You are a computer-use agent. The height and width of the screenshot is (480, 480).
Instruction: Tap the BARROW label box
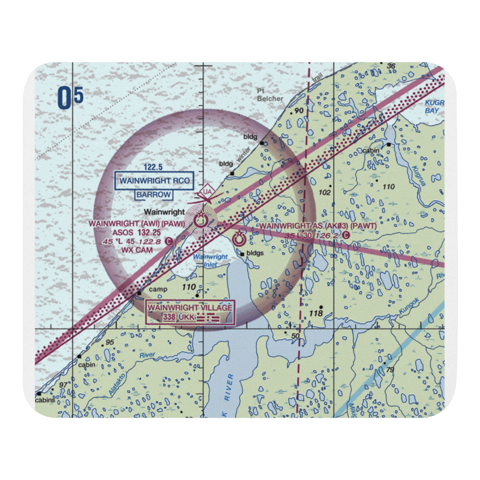click(x=153, y=194)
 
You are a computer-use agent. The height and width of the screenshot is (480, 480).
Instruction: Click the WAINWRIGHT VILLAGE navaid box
click(x=190, y=312)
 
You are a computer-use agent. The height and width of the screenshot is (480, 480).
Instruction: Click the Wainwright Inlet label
click(x=210, y=260)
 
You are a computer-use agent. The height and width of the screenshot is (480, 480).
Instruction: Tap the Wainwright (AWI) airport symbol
click(x=200, y=221)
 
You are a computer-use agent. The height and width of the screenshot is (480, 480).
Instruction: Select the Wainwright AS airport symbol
click(x=239, y=238)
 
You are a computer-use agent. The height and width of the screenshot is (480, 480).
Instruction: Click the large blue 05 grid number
click(x=70, y=98)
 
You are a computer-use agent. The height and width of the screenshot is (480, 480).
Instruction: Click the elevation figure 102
click(x=325, y=192)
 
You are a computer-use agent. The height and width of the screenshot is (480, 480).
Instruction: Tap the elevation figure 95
click(x=110, y=342)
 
